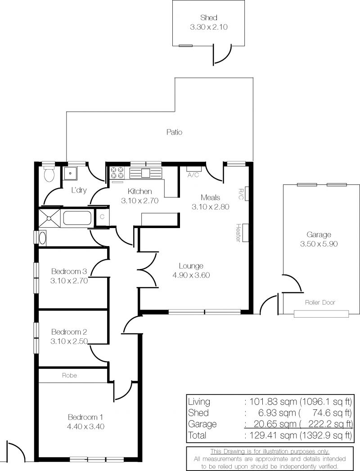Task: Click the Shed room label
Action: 208,18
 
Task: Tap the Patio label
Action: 174,132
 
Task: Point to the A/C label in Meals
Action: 193,175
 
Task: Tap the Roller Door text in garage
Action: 320,302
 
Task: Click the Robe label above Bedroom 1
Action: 69,375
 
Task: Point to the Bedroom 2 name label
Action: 69,333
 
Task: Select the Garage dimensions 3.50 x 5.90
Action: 319,244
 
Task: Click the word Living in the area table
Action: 199,402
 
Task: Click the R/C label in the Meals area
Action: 240,194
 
